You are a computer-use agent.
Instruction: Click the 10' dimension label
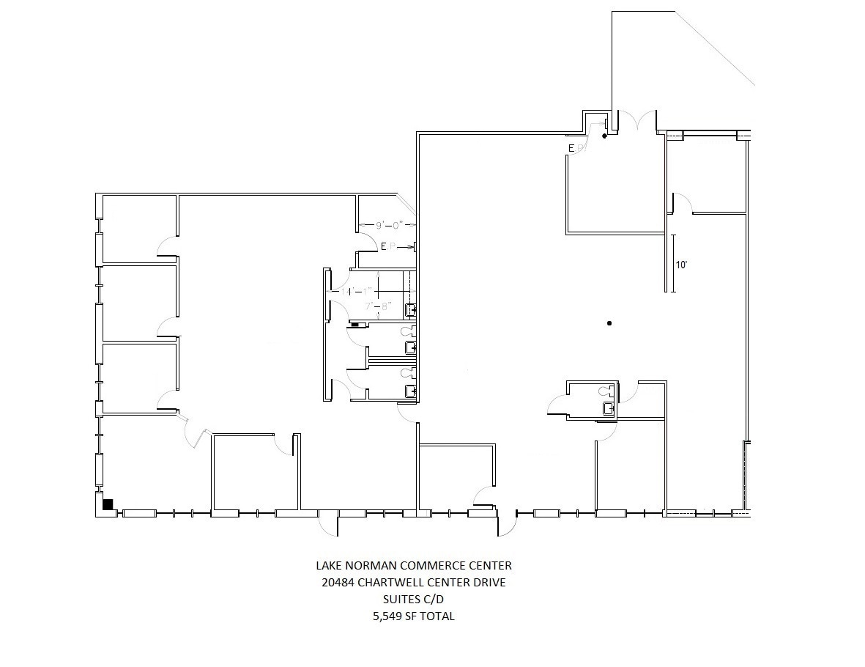coord(681,265)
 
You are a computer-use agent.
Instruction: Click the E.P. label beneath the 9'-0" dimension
coord(389,248)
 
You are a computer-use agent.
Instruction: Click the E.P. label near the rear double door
coord(576,149)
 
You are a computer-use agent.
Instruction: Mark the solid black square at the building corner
coord(108,504)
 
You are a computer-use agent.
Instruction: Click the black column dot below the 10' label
coord(609,323)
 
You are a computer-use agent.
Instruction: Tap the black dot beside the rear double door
coord(604,136)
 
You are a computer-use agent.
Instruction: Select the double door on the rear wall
coord(637,122)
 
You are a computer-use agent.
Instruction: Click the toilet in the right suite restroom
coord(605,391)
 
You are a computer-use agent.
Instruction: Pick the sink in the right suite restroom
coord(608,409)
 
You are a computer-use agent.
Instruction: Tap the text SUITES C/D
coord(413,600)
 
